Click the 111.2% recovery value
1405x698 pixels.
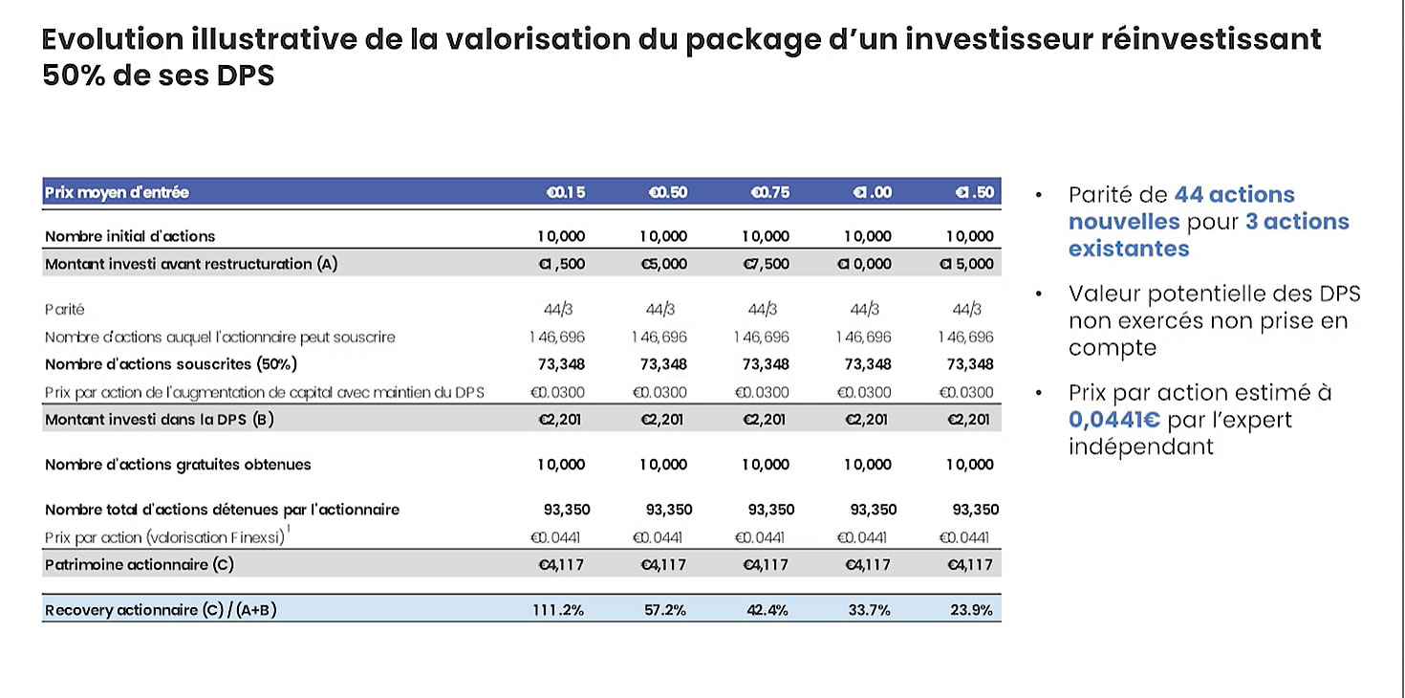[558, 610]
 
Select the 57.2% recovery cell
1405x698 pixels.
[664, 610]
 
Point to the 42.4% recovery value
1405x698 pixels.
[767, 610]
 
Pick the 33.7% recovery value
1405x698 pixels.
[870, 610]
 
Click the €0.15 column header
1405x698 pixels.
[565, 192]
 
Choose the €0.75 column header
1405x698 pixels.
[770, 192]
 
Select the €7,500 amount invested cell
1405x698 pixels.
[766, 264]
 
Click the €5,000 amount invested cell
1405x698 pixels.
[663, 264]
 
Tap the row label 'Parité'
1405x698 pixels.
[64, 310]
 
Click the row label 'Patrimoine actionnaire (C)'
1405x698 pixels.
[139, 564]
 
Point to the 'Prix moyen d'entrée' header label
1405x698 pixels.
[117, 192]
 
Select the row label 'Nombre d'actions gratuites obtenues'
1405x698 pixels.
[178, 465]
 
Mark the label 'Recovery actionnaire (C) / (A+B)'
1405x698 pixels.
[161, 610]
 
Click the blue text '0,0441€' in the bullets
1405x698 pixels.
[1116, 420]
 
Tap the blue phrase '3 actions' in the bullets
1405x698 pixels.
[1297, 222]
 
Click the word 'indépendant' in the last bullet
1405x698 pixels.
[1141, 447]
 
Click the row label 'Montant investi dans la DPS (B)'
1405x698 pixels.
[159, 419]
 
